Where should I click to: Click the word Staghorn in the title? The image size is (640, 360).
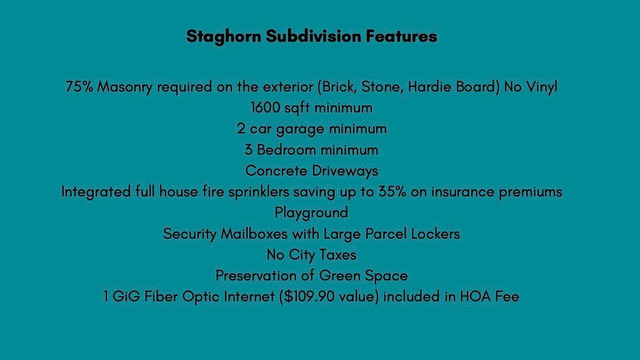click(224, 37)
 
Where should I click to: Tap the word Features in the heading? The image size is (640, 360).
click(401, 36)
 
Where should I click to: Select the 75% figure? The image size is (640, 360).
click(79, 86)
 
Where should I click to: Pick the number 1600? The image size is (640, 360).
click(265, 107)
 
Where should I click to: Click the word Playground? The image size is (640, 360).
click(311, 213)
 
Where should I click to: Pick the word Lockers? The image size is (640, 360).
click(435, 234)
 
